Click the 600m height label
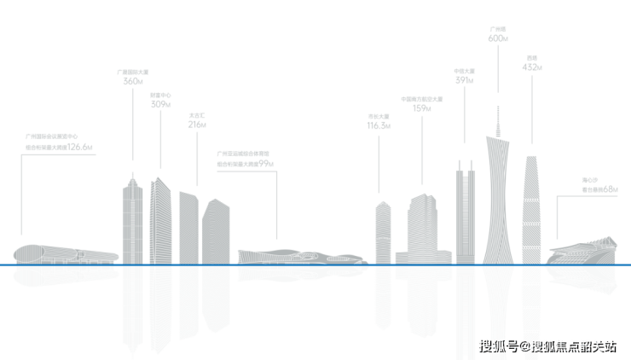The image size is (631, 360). pyautogui.click(x=498, y=38)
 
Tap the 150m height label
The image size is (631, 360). pyautogui.click(x=422, y=108)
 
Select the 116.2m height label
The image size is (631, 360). pyautogui.click(x=379, y=125)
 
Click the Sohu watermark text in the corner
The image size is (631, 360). pyautogui.click(x=547, y=345)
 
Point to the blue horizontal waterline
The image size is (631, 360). pyautogui.click(x=315, y=264)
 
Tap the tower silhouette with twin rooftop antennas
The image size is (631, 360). pyautogui.click(x=465, y=213)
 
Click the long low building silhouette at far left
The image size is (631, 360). pyautogui.click(x=64, y=254)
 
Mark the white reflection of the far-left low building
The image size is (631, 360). pyautogui.click(x=64, y=274)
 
